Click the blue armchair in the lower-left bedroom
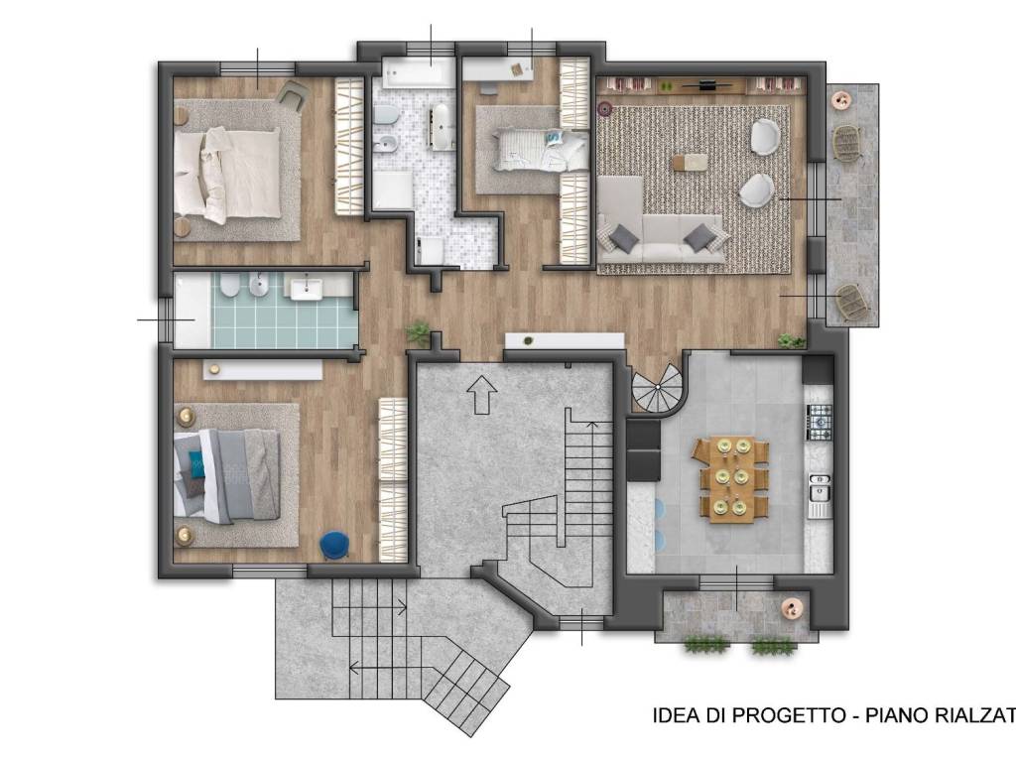pyautogui.click(x=334, y=544)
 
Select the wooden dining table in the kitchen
pyautogui.click(x=734, y=478)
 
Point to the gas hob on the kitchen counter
pyautogui.click(x=818, y=421)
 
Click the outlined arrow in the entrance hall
pyautogui.click(x=483, y=394)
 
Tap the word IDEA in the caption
pyautogui.click(x=674, y=714)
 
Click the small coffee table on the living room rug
pyautogui.click(x=690, y=162)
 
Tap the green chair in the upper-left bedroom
pyautogui.click(x=293, y=95)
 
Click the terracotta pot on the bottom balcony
pyautogui.click(x=793, y=608)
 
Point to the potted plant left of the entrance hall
pyautogui.click(x=419, y=332)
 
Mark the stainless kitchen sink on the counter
pyautogui.click(x=820, y=488)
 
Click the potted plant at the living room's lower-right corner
pyautogui.click(x=791, y=341)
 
